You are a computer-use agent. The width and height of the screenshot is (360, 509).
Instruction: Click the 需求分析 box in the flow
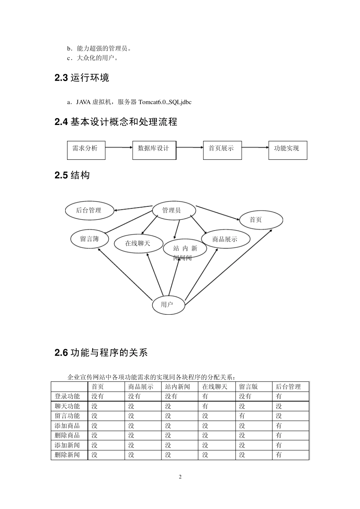(x=86, y=150)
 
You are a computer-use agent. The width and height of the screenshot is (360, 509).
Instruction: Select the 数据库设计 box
(x=154, y=150)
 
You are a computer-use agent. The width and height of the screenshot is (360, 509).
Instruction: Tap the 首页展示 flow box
(x=222, y=150)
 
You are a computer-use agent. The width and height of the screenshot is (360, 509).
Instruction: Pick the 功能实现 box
(x=288, y=150)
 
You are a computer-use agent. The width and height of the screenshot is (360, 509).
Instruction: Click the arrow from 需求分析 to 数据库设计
(x=119, y=147)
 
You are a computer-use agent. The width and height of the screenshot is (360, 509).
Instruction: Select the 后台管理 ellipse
(x=89, y=211)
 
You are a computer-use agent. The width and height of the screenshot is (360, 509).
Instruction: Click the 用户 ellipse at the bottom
(x=168, y=304)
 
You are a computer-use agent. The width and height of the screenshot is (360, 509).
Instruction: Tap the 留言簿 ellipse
(x=90, y=239)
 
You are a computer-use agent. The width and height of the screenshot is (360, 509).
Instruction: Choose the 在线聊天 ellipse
(x=138, y=243)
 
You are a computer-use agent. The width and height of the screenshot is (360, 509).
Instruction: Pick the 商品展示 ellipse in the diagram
(x=225, y=239)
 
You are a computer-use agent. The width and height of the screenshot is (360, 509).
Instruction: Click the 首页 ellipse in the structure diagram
(x=261, y=220)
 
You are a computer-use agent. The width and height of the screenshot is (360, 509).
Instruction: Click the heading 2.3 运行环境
(x=82, y=78)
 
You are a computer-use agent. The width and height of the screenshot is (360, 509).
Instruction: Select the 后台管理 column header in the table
(x=288, y=387)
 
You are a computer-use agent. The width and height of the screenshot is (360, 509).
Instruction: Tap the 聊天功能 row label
(x=67, y=406)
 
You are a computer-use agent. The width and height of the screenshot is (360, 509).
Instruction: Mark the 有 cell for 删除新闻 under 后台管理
(x=279, y=455)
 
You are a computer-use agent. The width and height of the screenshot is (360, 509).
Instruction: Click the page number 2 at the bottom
(x=180, y=477)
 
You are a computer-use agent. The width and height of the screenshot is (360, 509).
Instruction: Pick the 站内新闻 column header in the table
(x=178, y=387)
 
